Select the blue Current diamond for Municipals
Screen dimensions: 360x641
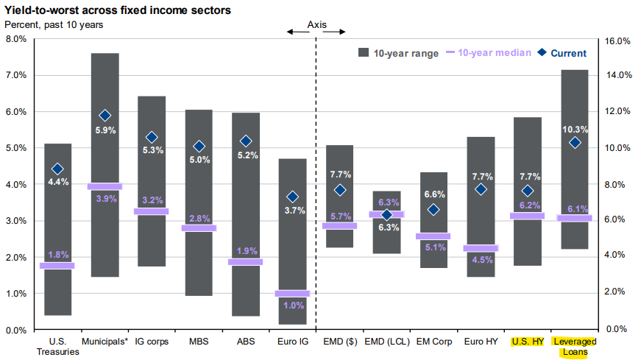[x=105, y=116]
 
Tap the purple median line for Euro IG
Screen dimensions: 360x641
[x=293, y=293]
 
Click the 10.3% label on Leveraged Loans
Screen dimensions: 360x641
[x=576, y=129]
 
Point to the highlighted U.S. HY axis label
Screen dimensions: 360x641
[x=528, y=342]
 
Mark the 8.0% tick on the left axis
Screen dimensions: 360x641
[x=15, y=39]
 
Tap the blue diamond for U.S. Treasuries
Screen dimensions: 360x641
[x=58, y=169]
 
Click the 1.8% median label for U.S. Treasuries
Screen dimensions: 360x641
[x=58, y=255]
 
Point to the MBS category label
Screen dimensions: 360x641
[x=199, y=342]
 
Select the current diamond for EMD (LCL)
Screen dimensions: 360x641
[x=387, y=215]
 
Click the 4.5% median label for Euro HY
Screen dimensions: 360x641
[x=481, y=259]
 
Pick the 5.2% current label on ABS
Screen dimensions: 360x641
[x=246, y=155]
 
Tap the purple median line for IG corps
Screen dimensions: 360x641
[x=152, y=211]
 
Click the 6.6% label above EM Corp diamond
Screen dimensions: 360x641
[x=434, y=194]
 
